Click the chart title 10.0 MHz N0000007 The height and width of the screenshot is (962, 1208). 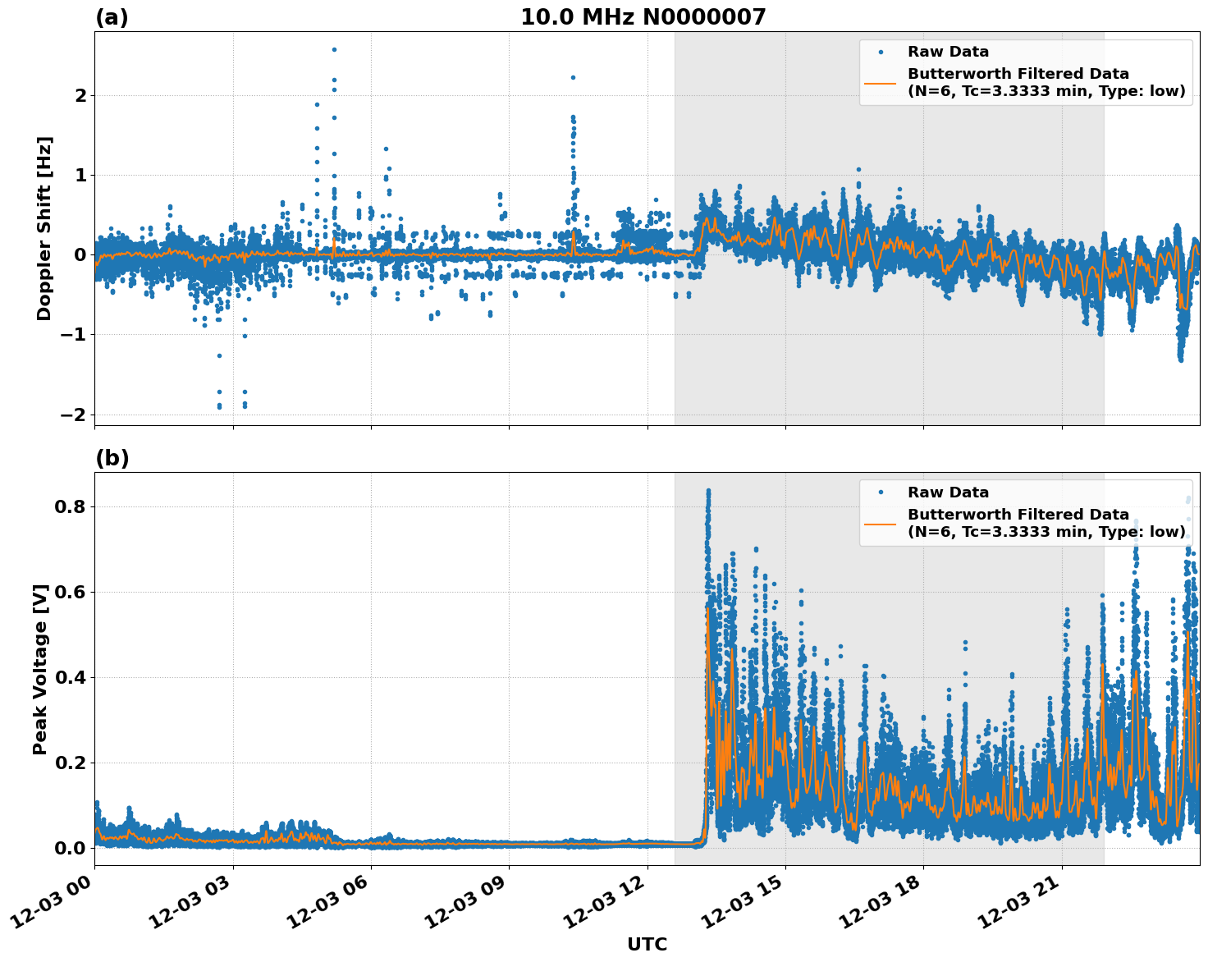[643, 17]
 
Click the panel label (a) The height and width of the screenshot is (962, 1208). [112, 17]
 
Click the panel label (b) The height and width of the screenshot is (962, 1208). [112, 458]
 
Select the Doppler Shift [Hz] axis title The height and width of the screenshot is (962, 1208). [44, 228]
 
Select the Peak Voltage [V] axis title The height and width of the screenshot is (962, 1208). [40, 669]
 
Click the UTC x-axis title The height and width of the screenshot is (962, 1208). [647, 944]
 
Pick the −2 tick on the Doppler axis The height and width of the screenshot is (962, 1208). [73, 415]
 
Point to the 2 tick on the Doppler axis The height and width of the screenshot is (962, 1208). [80, 96]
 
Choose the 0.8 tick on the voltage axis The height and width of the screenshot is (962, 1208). [70, 507]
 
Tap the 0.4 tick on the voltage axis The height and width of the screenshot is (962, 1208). [70, 678]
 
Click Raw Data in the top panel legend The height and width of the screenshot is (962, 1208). [948, 52]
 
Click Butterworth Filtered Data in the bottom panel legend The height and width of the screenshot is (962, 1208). [1018, 515]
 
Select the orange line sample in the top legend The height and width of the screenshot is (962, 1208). [881, 82]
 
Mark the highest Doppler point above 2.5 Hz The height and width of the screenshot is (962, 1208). [334, 49]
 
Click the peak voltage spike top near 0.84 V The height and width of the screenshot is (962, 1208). [708, 491]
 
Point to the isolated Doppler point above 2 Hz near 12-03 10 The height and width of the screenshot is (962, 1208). [573, 77]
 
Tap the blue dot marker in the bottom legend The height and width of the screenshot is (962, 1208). [881, 492]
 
